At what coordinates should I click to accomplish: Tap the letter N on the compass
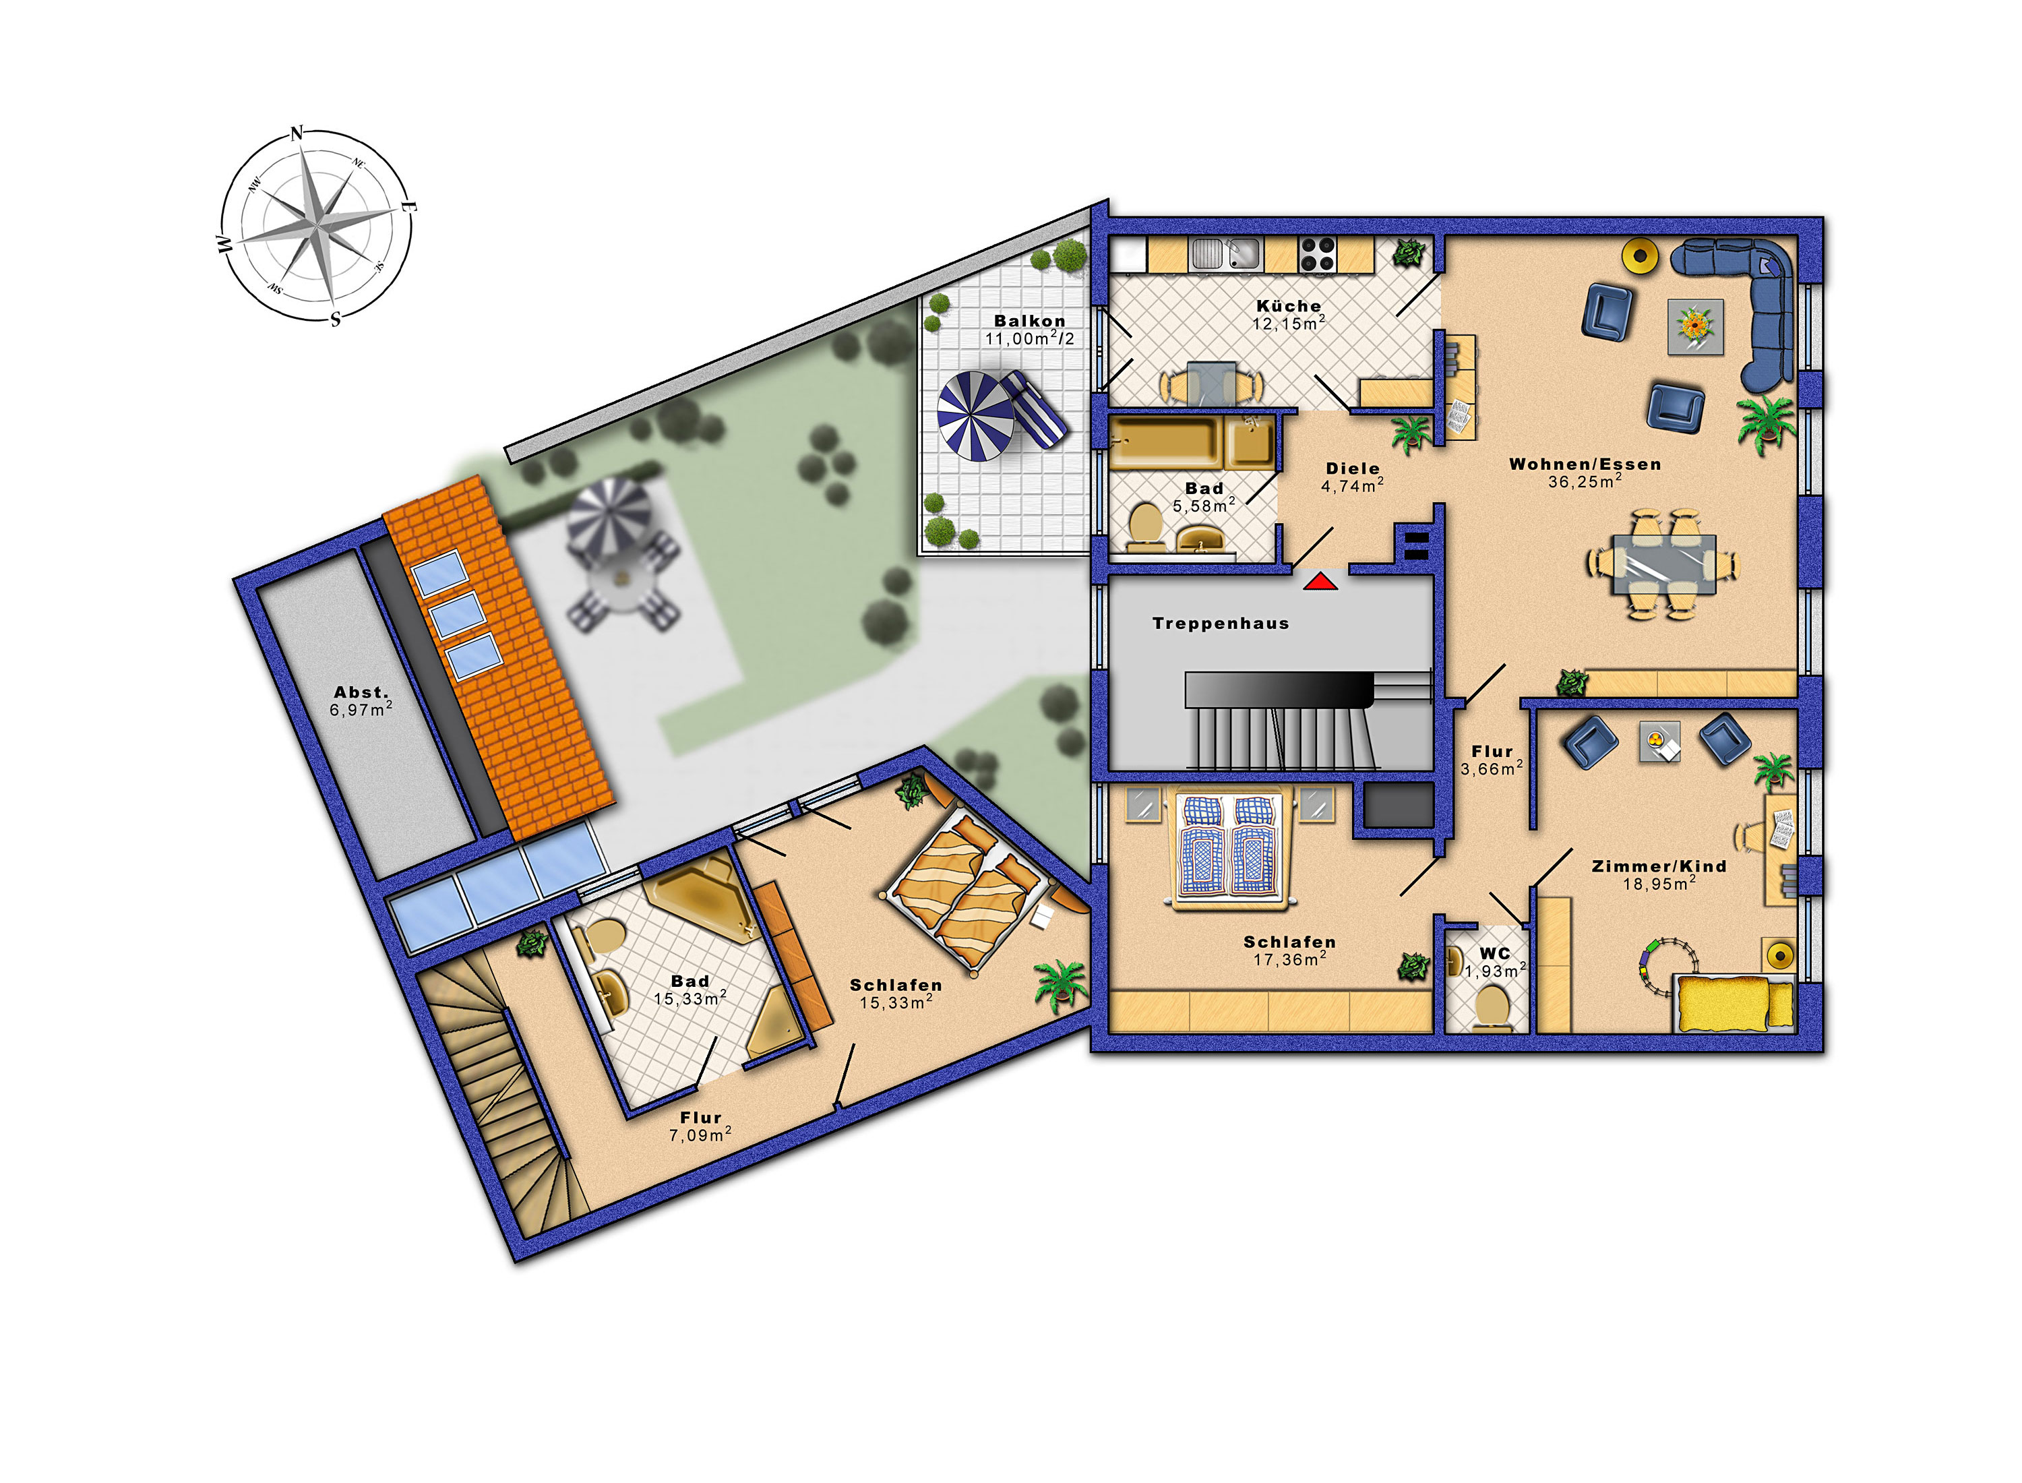(x=297, y=133)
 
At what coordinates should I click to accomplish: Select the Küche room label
(x=1289, y=306)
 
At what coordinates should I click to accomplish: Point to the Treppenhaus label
(x=1221, y=623)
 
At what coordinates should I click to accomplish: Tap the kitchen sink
(x=1226, y=253)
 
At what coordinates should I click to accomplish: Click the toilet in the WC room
(x=1492, y=1007)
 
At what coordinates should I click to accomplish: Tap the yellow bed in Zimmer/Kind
(x=1735, y=1004)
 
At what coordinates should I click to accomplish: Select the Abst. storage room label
(x=361, y=692)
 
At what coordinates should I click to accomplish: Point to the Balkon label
(x=1029, y=320)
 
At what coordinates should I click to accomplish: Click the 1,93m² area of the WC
(x=1495, y=971)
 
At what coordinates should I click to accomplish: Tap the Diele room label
(x=1353, y=468)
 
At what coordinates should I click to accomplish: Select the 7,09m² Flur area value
(x=700, y=1134)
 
